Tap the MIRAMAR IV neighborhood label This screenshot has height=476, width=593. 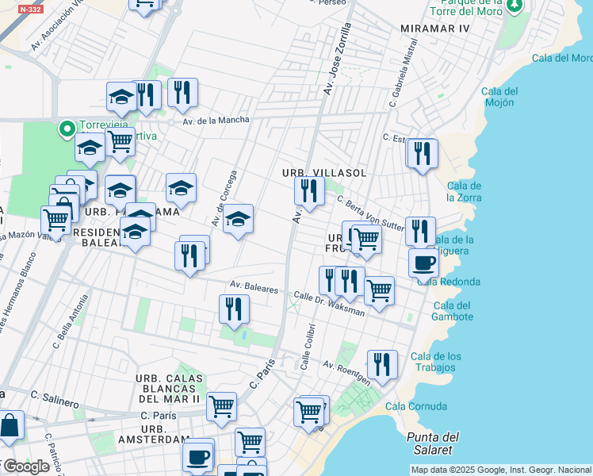pos(435,29)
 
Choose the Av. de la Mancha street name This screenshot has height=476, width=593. pos(216,121)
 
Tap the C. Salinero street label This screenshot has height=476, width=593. pos(55,395)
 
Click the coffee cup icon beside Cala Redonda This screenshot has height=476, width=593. pos(423,262)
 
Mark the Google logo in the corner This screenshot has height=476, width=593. pos(25,466)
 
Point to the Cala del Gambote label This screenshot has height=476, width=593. pos(453,311)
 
